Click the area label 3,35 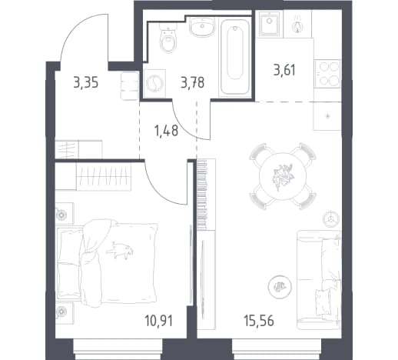(x=86, y=83)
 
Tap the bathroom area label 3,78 (x=193, y=83)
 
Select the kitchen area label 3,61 (x=284, y=70)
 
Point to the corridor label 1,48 (x=166, y=131)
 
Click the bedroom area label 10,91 (x=159, y=321)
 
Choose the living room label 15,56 (x=259, y=321)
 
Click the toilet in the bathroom (x=168, y=38)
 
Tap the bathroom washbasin (x=202, y=28)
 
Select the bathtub (x=235, y=57)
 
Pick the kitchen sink (x=269, y=23)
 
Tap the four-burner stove (x=327, y=74)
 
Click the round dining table (x=283, y=176)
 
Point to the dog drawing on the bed (x=120, y=250)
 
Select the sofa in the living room (x=319, y=279)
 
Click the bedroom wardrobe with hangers (x=104, y=176)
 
